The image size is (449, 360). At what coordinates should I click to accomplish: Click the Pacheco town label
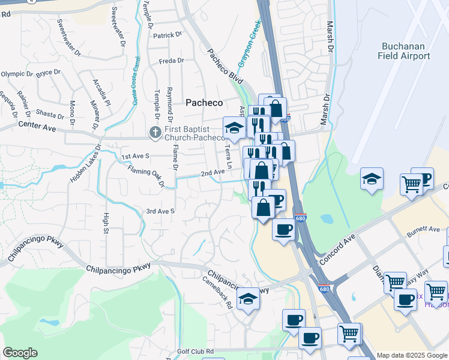point(203,103)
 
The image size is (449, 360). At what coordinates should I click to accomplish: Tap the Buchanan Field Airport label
point(404,51)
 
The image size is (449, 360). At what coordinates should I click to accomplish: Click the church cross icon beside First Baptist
point(154,131)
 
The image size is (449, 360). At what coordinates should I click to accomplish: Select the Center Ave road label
point(37,127)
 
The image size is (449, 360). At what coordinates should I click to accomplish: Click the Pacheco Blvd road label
point(226,67)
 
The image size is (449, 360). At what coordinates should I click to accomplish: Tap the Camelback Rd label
point(217,292)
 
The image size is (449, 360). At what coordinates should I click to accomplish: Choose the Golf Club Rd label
point(196,351)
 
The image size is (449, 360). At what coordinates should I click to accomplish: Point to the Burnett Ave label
point(423,229)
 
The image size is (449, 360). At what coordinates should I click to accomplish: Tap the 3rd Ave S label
point(160,211)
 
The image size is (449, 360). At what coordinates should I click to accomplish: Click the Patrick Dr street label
point(167,35)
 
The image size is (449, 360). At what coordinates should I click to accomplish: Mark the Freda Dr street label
point(171,61)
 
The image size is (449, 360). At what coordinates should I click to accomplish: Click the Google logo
point(20,353)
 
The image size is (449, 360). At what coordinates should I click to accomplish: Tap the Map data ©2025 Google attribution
point(412,355)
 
